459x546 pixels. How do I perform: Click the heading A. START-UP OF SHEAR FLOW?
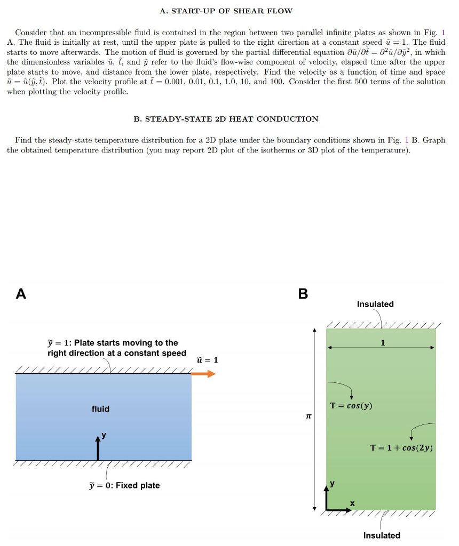[226, 11]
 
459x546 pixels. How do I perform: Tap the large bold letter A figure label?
[21, 294]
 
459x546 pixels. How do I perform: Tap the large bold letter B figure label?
[303, 294]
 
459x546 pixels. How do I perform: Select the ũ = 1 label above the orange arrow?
[208, 360]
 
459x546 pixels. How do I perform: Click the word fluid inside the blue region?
[100, 409]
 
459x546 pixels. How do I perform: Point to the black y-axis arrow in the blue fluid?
[98, 448]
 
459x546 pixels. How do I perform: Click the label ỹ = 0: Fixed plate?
[124, 485]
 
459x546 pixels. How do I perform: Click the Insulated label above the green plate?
[375, 304]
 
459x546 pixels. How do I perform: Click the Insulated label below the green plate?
[382, 535]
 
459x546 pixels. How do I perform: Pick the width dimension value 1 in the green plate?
[383, 342]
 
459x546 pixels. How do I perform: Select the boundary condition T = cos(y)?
[351, 406]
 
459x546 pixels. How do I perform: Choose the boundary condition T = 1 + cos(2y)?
[401, 447]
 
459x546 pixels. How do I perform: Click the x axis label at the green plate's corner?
[352, 503]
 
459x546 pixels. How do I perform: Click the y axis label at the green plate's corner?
[333, 484]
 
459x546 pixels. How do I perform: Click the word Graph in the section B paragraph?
[434, 140]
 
